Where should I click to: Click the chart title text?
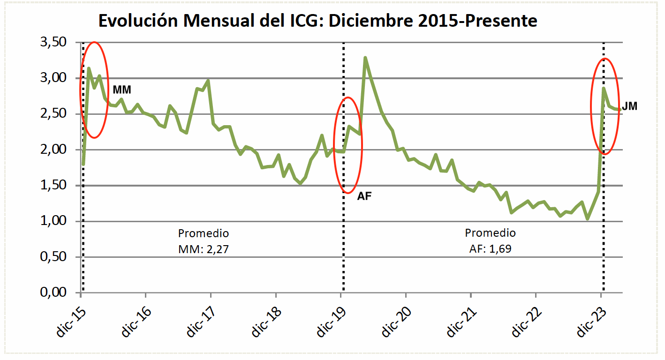click(317, 21)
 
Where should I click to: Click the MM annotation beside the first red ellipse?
click(121, 90)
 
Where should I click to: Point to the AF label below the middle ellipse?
click(364, 196)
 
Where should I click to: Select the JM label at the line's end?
click(629, 106)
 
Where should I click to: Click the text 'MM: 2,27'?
click(203, 249)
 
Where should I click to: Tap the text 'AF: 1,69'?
click(490, 249)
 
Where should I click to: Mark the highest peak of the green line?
click(365, 58)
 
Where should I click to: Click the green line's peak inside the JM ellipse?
click(604, 88)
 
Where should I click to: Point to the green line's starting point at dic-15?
click(83, 164)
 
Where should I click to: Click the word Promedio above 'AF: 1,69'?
click(490, 233)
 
